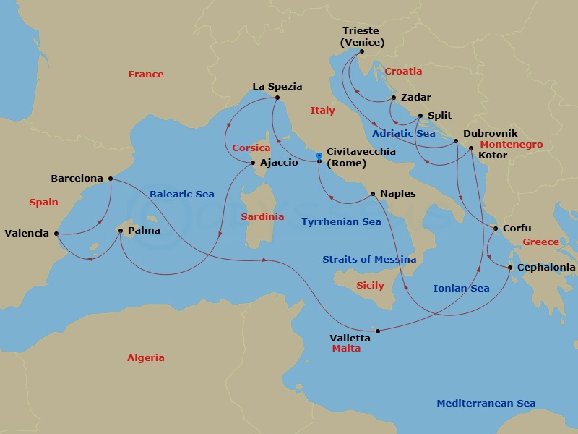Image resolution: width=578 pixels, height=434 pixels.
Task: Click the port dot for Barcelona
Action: point(110,179)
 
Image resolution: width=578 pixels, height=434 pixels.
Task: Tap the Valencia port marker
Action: point(56,234)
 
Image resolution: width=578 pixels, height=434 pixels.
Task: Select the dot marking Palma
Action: point(121,231)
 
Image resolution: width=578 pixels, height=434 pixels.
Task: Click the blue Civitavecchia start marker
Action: point(319,155)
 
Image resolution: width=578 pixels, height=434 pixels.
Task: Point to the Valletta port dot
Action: point(378,331)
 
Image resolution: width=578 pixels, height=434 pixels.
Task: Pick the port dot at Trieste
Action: point(362,51)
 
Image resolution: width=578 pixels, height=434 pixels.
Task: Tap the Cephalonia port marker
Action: point(510,268)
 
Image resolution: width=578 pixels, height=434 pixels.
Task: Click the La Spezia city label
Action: point(277,86)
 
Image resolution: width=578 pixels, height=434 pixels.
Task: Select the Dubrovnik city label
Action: point(490,134)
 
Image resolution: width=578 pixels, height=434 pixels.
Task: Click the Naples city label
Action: point(398,194)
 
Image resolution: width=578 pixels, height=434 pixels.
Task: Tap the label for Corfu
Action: point(517,229)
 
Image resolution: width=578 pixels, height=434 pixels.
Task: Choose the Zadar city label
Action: point(415,98)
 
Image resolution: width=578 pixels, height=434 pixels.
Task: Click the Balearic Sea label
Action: point(182,195)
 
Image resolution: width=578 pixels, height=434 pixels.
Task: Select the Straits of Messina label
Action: point(369,259)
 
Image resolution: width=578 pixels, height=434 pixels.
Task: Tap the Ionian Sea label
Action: point(461,288)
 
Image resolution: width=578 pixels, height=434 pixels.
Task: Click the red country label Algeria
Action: point(146,357)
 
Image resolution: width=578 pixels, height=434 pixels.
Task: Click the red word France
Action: point(146,74)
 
